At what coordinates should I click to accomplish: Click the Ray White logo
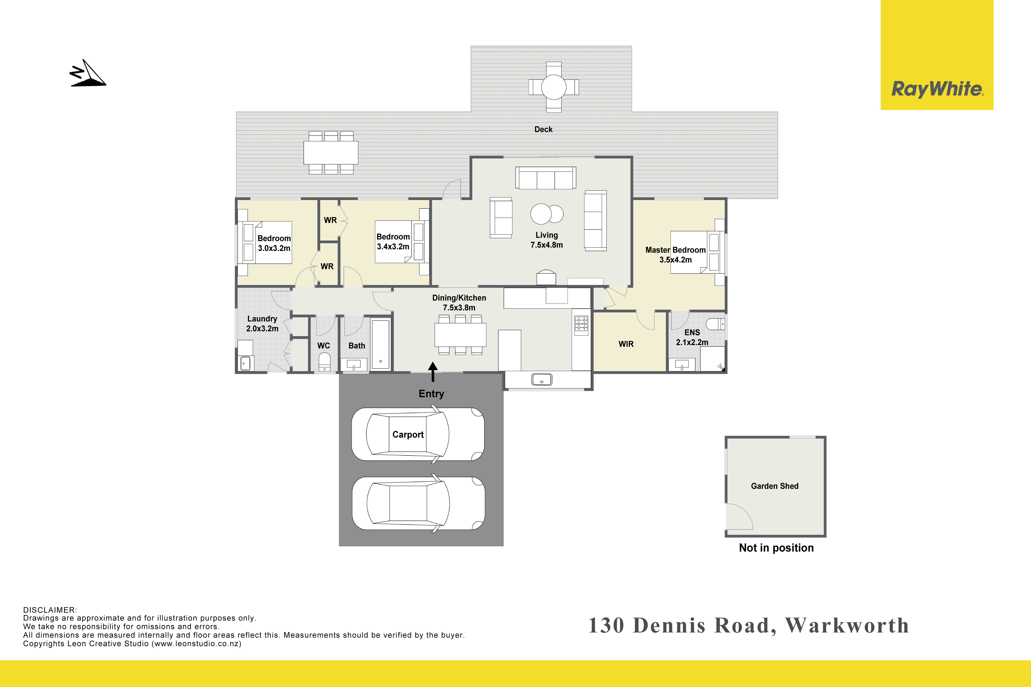coord(937,55)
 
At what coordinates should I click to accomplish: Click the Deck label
coord(543,129)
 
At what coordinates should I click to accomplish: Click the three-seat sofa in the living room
coord(546,178)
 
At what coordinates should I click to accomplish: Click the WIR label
coord(626,344)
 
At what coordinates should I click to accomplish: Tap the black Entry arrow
coord(433,372)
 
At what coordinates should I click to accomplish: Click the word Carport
coord(408,435)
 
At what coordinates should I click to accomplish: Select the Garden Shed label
coord(775,486)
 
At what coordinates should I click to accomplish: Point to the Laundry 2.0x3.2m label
coord(262,323)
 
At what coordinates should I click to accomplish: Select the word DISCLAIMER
coord(50,610)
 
